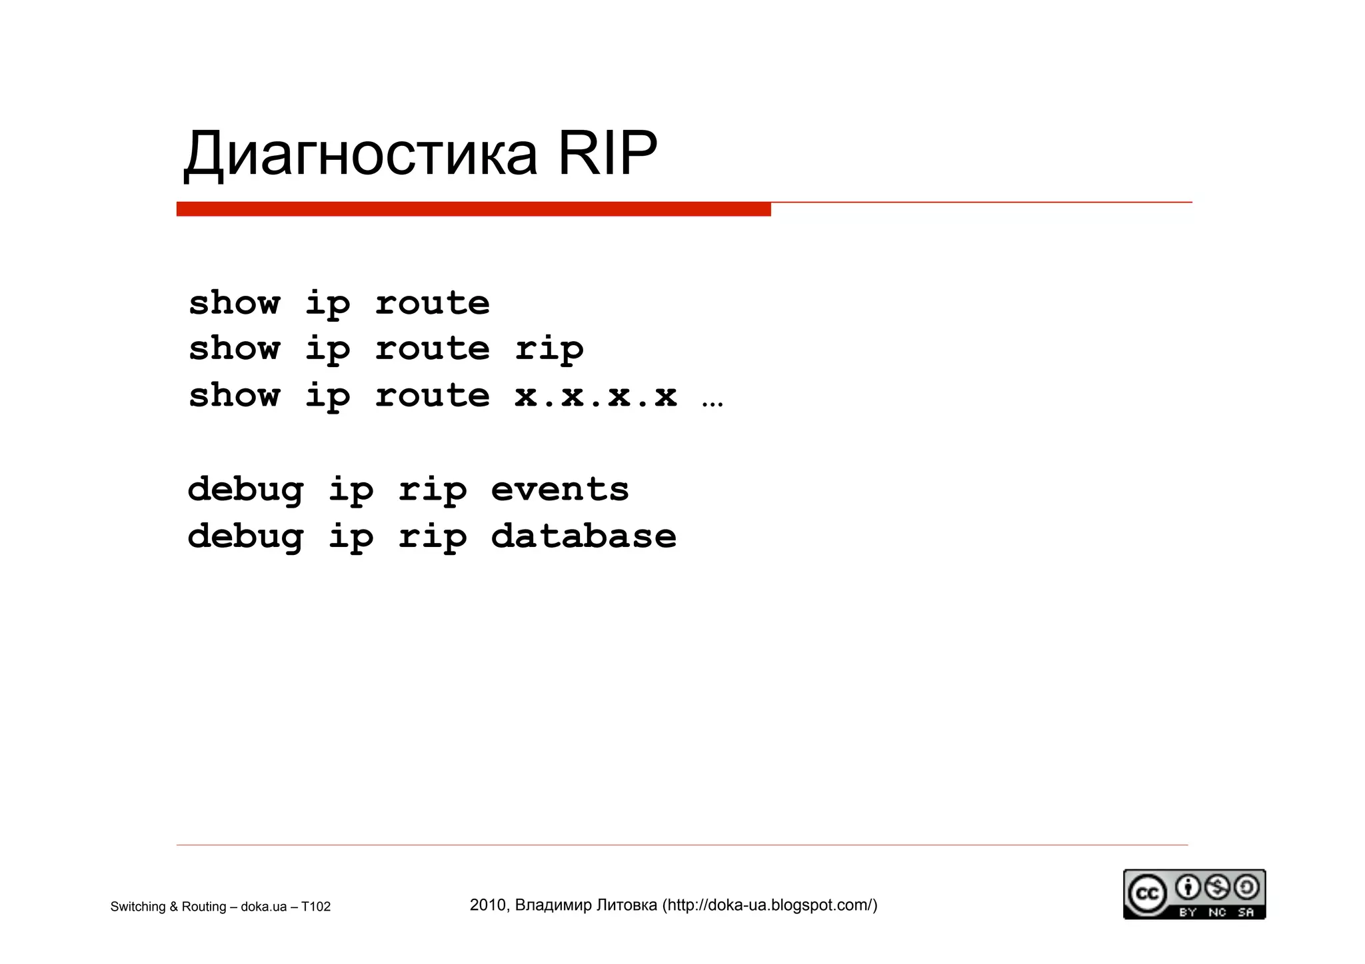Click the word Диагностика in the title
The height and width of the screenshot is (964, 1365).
(360, 155)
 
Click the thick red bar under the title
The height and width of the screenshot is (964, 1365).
(473, 209)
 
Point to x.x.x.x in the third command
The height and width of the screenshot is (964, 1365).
(596, 396)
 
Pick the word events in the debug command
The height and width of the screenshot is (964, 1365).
(560, 490)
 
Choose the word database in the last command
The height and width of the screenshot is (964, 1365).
(584, 536)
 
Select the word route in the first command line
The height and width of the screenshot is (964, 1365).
(432, 304)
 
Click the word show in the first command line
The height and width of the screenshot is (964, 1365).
(234, 303)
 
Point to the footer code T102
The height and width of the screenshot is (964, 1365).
(316, 907)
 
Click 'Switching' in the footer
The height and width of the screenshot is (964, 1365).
(138, 907)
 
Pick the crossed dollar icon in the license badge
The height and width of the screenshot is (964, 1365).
(1216, 887)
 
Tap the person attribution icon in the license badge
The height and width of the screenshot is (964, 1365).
(1187, 887)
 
